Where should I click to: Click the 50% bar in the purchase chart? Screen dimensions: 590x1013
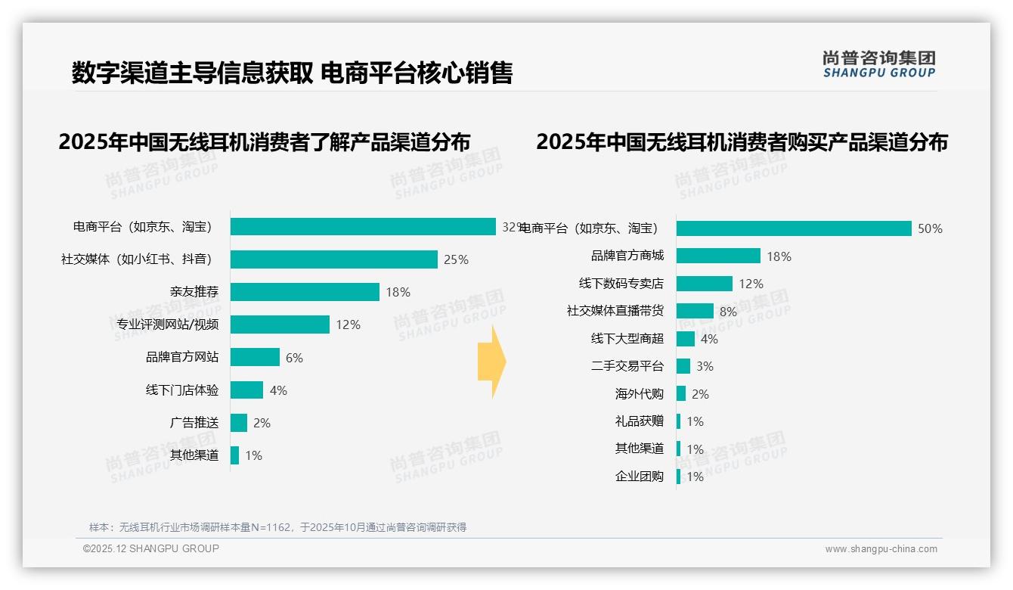coord(794,228)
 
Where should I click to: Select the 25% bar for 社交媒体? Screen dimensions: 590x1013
coord(333,259)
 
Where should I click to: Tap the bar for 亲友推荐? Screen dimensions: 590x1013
coord(305,292)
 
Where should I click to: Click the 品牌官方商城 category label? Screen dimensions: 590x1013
coord(627,256)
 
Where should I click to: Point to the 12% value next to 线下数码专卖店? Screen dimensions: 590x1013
coord(751,284)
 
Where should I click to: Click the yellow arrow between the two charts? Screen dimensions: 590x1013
coord(492,362)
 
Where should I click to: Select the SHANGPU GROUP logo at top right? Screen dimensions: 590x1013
coord(878,64)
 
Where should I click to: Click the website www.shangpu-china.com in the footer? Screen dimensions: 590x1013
coord(881,549)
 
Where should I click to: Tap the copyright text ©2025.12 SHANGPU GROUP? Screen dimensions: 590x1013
coord(150,548)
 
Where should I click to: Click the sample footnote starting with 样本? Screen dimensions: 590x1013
coord(277,527)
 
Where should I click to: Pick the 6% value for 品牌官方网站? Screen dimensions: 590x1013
coord(294,358)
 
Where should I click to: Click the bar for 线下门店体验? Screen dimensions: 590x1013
coord(246,390)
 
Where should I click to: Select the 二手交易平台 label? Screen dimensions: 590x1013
coord(627,366)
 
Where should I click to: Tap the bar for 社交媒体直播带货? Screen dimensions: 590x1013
coord(695,311)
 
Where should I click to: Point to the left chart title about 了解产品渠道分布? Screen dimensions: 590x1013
coord(265,142)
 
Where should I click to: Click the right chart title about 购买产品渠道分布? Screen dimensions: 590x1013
coord(742,142)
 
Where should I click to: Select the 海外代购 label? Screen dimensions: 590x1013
coord(639,394)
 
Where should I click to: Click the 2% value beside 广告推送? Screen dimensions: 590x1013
coord(262,423)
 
